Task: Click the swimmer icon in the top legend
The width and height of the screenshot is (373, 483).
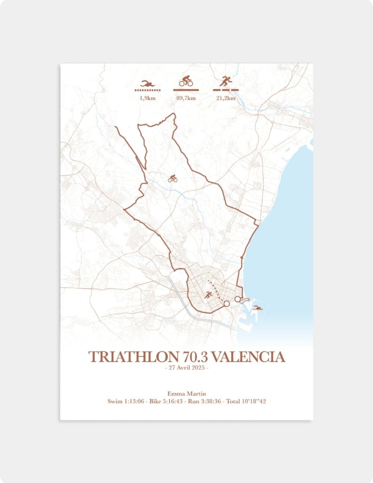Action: click(x=147, y=83)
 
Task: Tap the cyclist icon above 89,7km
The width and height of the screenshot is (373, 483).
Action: click(x=186, y=81)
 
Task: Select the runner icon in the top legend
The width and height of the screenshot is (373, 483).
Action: click(x=226, y=81)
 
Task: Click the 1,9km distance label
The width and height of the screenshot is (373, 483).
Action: click(x=147, y=98)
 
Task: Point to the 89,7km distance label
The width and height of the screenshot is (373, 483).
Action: click(x=186, y=98)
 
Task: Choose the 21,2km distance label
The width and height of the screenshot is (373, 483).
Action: click(x=226, y=98)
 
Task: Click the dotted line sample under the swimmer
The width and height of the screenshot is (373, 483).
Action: click(x=147, y=90)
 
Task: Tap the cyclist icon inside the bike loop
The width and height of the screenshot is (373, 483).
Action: click(x=173, y=178)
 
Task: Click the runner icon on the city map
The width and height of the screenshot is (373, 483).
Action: click(x=208, y=295)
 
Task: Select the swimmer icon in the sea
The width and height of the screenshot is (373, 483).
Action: click(x=258, y=308)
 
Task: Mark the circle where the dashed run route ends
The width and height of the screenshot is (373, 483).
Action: click(x=226, y=304)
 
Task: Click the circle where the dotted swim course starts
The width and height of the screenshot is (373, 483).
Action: click(x=237, y=299)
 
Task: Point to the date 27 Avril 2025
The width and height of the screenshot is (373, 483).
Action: click(x=186, y=368)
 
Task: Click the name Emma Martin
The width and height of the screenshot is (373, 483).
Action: click(x=186, y=393)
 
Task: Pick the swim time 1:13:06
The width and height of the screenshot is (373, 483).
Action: click(x=137, y=401)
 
